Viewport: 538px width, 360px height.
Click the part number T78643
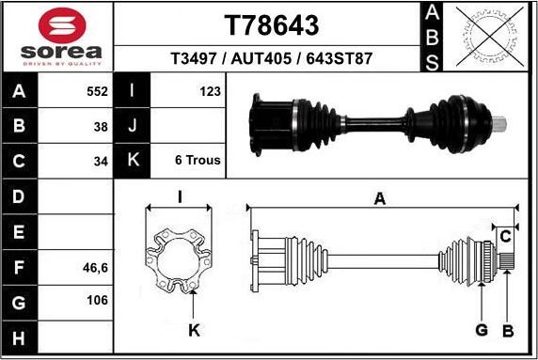271,25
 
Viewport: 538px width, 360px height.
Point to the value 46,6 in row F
96,267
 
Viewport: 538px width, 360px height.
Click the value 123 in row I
210,91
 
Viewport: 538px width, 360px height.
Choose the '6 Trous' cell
198,160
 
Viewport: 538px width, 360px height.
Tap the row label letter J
132,126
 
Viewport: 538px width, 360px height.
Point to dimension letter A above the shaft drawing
380,198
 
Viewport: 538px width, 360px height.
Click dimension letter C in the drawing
505,234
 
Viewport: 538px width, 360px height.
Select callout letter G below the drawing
481,329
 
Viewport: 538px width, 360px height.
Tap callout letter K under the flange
194,329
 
